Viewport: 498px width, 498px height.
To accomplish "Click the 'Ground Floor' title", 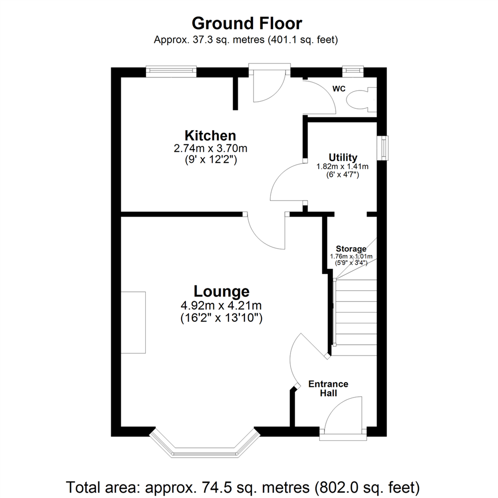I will (x=247, y=23).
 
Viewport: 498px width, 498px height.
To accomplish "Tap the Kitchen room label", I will (x=210, y=136).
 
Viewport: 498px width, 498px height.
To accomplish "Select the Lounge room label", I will (x=221, y=291).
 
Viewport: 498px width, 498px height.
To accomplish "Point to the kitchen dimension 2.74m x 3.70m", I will (x=210, y=148).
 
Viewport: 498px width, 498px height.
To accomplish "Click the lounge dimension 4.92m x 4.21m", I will (x=222, y=305).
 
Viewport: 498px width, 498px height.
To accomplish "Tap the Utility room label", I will (x=343, y=157).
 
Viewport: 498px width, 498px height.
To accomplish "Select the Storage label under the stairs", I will (x=351, y=249).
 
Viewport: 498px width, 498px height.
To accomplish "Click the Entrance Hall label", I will (x=328, y=388).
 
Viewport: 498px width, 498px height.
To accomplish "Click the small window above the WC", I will (x=353, y=71).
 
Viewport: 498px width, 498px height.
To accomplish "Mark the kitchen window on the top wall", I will (x=171, y=71).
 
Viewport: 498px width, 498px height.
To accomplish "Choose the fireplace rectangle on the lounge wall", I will (x=133, y=322).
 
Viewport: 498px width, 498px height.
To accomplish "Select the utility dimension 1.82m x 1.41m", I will (x=343, y=166).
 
